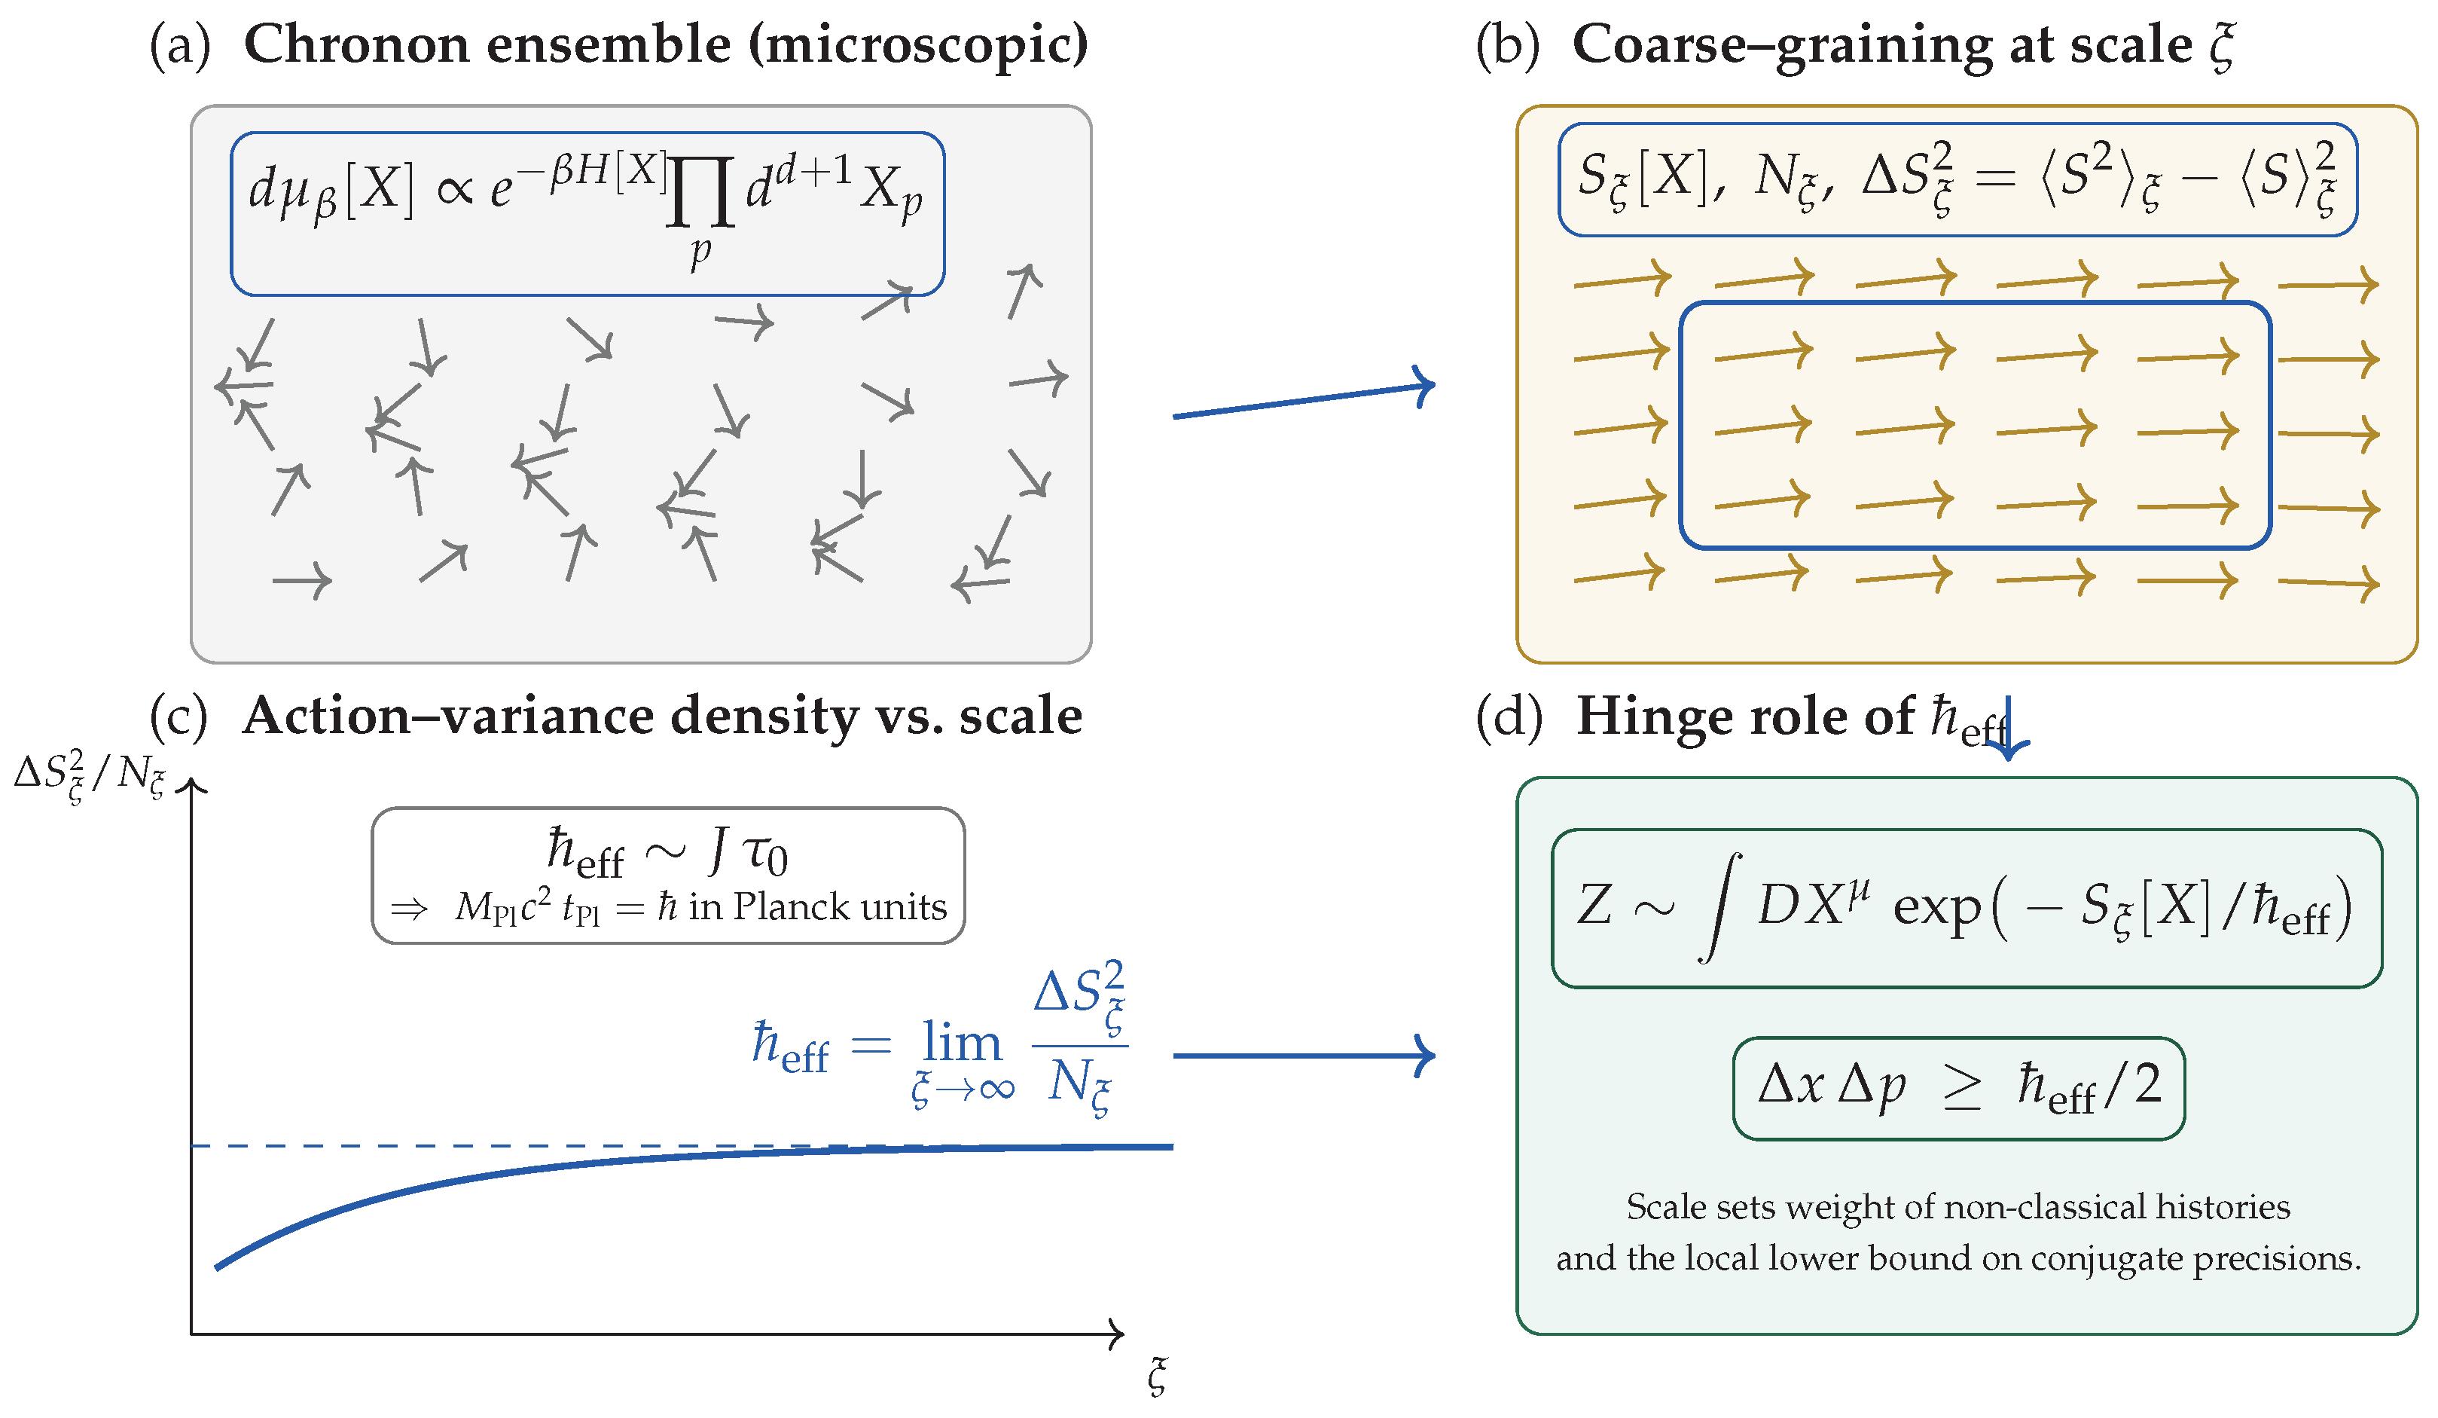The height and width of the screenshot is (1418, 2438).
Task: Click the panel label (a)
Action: [179, 45]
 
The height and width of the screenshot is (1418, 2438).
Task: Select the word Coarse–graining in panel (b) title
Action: [1780, 45]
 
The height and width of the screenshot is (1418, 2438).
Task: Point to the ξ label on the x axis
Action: [1157, 1375]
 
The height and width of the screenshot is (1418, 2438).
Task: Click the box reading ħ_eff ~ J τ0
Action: [667, 875]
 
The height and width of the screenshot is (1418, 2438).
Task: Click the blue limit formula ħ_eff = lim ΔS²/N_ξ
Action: [938, 1041]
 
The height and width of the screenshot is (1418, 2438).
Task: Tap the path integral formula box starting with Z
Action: [1966, 908]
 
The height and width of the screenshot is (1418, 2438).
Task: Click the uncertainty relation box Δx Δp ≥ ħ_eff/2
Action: [1958, 1088]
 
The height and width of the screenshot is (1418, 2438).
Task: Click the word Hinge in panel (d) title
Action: [1645, 717]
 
